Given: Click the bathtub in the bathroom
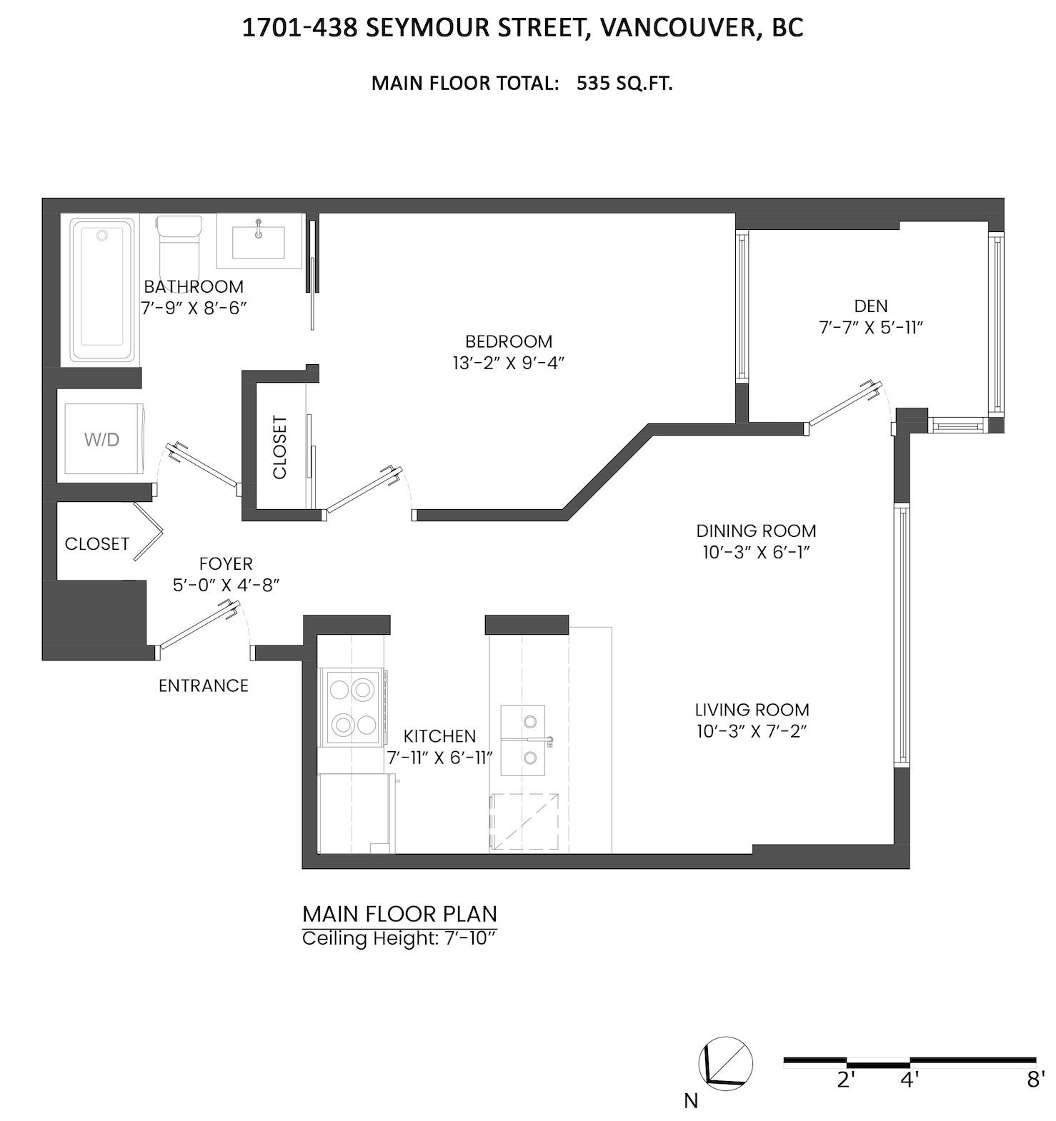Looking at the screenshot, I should (x=102, y=291).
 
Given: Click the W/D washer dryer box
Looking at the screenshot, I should (x=102, y=439).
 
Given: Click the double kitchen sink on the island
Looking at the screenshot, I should (x=523, y=740).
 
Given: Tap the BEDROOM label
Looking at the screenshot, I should (x=509, y=341).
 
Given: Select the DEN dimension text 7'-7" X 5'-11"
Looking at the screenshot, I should (x=871, y=328).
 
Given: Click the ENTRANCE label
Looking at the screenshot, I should (x=204, y=685).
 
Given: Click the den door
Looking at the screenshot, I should (x=841, y=407).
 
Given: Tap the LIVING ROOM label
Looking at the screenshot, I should (x=752, y=710).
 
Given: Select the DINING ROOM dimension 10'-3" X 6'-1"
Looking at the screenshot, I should (x=756, y=552).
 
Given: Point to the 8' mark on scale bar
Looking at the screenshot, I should (x=1035, y=1080).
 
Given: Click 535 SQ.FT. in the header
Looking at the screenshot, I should (x=624, y=84).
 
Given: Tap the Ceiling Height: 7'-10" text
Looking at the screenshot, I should (x=399, y=938).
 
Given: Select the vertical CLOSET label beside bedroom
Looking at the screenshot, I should (x=279, y=447).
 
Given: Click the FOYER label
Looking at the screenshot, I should (x=226, y=563).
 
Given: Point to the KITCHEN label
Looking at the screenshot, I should (x=439, y=736).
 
